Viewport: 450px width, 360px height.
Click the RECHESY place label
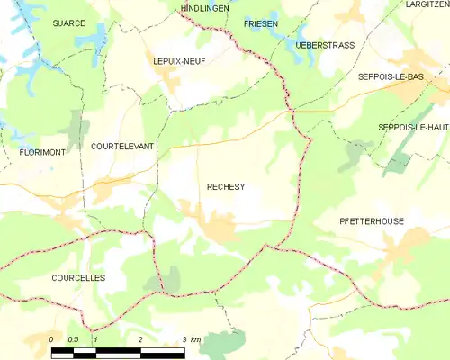coord(226,187)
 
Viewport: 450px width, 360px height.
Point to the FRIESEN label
coord(260,22)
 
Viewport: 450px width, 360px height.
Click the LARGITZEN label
coord(427,5)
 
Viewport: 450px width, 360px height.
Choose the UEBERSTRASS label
coord(325,44)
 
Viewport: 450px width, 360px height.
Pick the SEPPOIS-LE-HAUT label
coord(413,127)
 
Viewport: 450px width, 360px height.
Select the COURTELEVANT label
coord(122,145)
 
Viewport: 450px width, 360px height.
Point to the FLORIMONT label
coord(42,153)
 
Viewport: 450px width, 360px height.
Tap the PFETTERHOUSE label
coord(372,220)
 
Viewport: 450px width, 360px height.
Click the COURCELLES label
coord(78,278)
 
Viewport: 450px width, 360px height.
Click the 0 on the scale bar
coord(51,339)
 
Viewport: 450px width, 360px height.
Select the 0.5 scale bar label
coord(74,339)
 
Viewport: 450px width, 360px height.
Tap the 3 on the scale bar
coord(184,339)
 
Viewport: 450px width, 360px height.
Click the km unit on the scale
coord(196,339)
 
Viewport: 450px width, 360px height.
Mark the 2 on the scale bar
coord(140,339)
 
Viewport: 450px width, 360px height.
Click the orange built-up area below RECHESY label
coord(219,227)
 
